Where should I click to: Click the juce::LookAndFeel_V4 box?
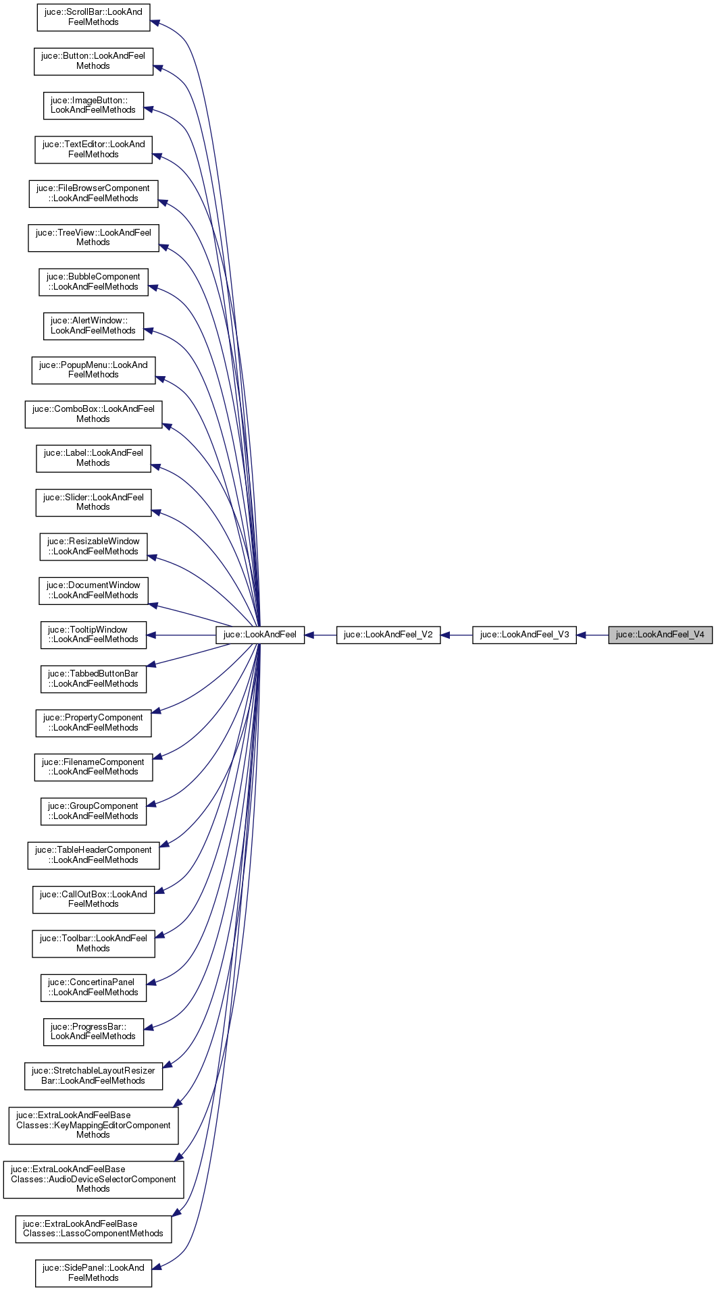[x=660, y=635]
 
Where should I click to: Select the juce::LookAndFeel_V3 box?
[x=524, y=635]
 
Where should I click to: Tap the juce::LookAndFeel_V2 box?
[x=388, y=635]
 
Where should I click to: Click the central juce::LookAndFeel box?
[x=260, y=635]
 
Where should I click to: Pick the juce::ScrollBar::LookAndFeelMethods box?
[x=93, y=17]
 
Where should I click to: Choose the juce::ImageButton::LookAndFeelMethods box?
[x=93, y=105]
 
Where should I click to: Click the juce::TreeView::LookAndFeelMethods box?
[x=93, y=238]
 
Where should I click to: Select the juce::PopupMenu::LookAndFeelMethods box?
[x=93, y=370]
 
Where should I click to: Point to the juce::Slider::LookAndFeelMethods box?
[x=93, y=502]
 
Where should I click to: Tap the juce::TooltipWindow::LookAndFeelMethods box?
[x=93, y=635]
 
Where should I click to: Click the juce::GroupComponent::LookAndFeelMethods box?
[x=93, y=811]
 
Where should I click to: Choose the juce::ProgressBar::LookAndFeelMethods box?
[x=93, y=1032]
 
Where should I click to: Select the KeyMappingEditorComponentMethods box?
[x=93, y=1125]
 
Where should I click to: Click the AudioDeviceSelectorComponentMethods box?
[x=93, y=1180]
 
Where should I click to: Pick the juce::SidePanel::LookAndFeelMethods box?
[x=93, y=1273]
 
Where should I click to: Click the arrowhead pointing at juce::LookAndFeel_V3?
[x=582, y=635]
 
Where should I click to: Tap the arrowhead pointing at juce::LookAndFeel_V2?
[x=446, y=635]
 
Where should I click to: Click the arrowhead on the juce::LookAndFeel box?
[x=310, y=635]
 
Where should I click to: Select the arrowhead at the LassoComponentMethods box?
[x=177, y=1213]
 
